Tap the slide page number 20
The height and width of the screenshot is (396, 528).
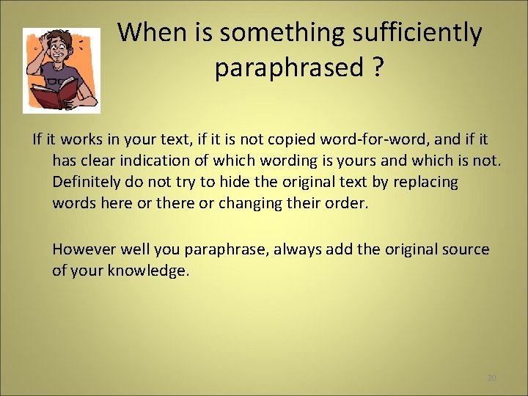point(491,378)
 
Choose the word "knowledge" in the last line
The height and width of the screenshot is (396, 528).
point(147,271)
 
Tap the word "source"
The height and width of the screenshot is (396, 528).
point(466,249)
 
